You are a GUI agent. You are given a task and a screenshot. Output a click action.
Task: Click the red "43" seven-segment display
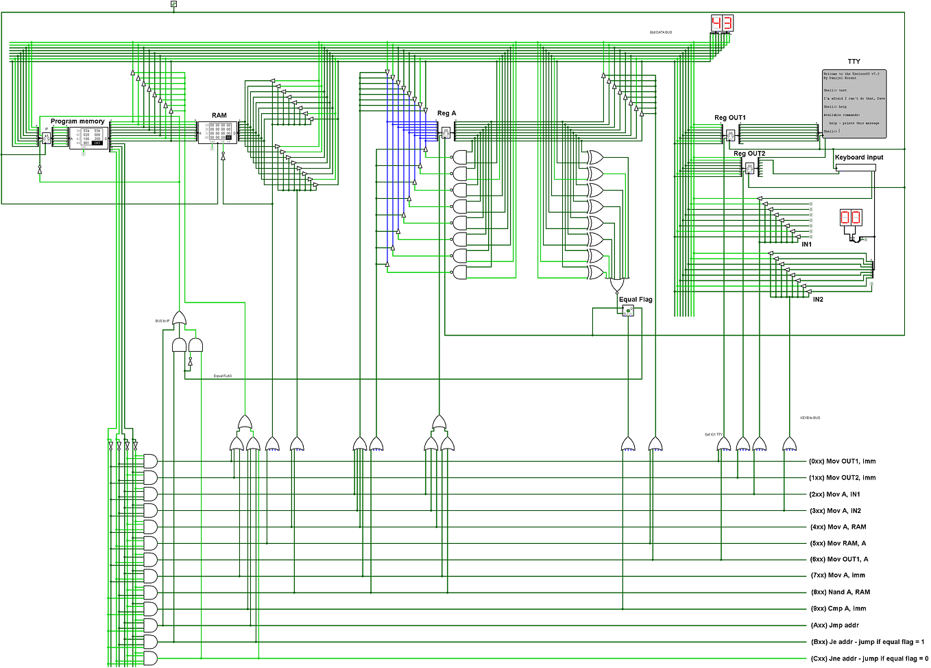pos(722,23)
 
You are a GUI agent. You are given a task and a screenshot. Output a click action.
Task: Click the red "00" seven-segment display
pos(851,218)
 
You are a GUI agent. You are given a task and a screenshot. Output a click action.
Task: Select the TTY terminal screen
pos(854,103)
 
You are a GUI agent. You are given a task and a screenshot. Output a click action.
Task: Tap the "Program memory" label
pos(77,121)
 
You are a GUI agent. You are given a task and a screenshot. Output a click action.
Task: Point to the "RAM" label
pos(219,116)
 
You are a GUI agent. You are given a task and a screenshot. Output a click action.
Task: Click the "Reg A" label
pos(446,113)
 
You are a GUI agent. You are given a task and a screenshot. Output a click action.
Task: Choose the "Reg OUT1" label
pos(730,118)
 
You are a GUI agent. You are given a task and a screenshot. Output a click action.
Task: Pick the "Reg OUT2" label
pos(749,154)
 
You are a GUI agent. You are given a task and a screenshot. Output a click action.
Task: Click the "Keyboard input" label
pos(859,158)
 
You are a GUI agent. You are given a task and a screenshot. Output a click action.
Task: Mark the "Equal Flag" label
pos(636,300)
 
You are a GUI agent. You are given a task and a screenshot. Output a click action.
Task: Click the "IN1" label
pos(807,245)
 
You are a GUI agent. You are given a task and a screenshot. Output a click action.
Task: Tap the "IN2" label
pos(818,300)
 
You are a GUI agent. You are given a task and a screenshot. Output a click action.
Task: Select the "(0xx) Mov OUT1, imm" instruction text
pos(842,462)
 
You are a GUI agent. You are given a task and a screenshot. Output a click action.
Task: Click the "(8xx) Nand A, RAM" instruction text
pos(840,592)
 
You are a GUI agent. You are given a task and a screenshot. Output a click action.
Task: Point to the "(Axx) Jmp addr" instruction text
pos(834,625)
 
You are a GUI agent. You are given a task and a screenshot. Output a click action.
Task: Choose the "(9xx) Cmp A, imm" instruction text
pos(838,608)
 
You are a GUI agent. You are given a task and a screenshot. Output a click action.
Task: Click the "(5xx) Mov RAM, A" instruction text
pos(838,543)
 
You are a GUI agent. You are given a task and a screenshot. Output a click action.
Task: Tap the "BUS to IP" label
pos(162,321)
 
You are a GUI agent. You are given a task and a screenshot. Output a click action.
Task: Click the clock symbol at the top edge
pos(173,4)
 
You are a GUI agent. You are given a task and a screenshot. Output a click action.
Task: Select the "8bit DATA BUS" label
pos(661,32)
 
